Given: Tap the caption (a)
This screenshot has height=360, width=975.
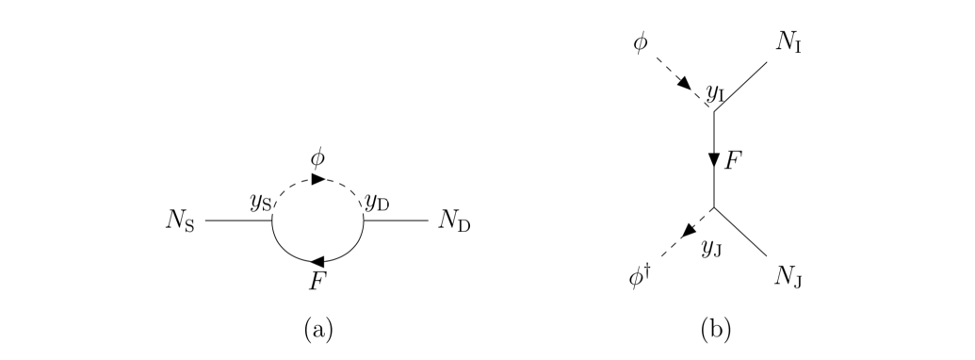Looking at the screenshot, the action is (x=317, y=330).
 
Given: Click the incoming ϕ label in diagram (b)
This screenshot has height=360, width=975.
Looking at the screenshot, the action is (x=640, y=43).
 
